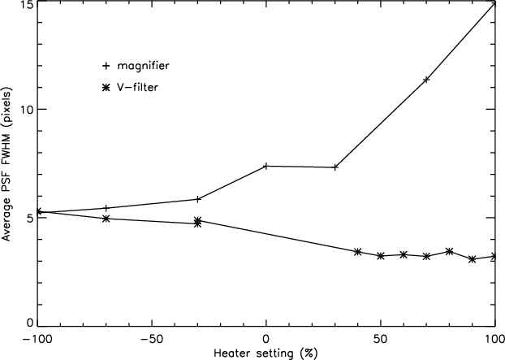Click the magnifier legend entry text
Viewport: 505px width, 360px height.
[x=144, y=66]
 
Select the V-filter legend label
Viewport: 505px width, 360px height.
[x=138, y=87]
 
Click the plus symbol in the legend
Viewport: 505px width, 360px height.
[x=106, y=66]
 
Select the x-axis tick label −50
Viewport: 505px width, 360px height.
[x=151, y=340]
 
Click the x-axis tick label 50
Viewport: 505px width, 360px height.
[x=380, y=340]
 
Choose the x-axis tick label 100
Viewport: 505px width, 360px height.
[x=494, y=340]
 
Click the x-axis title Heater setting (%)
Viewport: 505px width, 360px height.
[x=265, y=353]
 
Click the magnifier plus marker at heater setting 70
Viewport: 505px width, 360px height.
[x=426, y=80]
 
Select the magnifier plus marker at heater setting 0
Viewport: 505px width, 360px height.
[x=266, y=166]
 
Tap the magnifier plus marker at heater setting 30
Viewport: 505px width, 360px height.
[x=335, y=167]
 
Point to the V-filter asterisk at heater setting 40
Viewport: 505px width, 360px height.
[x=357, y=252]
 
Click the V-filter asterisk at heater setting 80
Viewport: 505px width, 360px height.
[x=449, y=251]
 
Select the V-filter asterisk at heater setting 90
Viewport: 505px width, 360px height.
[x=473, y=259]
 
